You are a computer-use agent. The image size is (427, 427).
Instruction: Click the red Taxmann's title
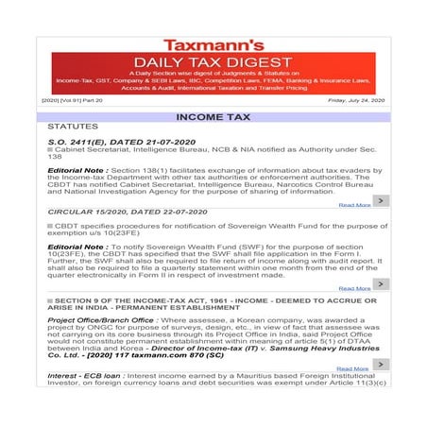coord(213,44)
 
